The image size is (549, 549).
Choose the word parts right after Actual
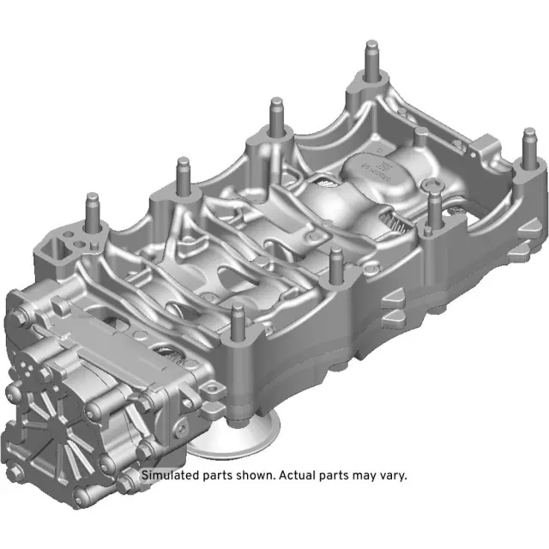point(341,475)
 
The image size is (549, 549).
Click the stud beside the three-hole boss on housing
point(90,211)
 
